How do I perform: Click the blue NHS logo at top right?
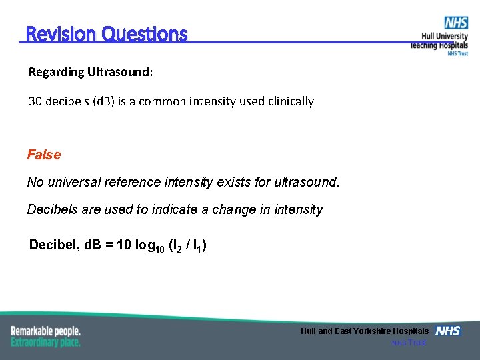point(456,23)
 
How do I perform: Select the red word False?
point(44,155)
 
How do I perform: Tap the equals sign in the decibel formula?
point(109,245)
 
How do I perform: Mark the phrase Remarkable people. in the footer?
point(45,331)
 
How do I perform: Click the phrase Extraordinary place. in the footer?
point(45,342)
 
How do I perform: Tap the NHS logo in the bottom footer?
point(447,331)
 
